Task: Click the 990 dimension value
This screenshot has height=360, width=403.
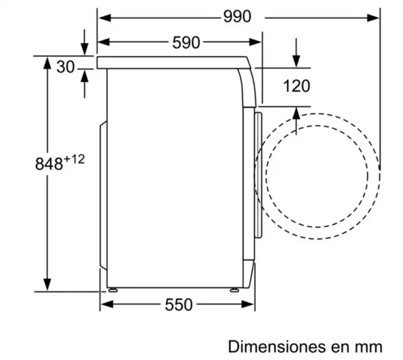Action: click(x=237, y=16)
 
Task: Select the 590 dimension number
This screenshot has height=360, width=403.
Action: click(x=186, y=42)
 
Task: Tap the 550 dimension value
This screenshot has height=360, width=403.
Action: click(x=179, y=305)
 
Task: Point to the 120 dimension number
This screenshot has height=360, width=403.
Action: click(x=297, y=86)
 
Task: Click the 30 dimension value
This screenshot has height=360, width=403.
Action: click(x=66, y=66)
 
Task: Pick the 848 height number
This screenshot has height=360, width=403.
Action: click(x=49, y=164)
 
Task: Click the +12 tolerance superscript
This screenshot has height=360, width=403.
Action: click(x=74, y=159)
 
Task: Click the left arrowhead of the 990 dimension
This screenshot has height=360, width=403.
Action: click(x=105, y=17)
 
